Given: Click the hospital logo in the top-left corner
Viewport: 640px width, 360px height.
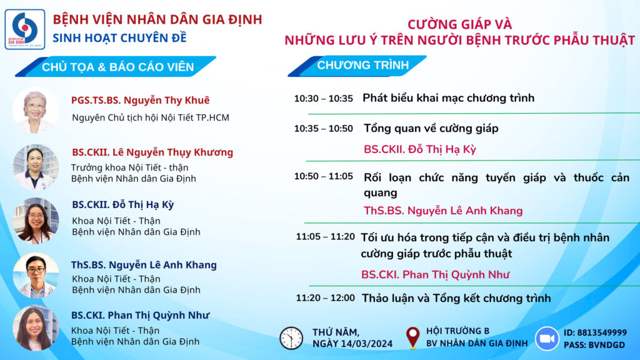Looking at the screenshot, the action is (x=25, y=29).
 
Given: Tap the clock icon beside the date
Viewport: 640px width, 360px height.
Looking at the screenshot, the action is (x=291, y=338).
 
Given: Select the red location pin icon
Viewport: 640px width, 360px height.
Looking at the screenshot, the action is (x=412, y=337).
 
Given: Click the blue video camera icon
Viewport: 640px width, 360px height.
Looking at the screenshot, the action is (x=547, y=338).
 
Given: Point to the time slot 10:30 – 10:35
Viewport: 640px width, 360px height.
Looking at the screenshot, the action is (x=323, y=99).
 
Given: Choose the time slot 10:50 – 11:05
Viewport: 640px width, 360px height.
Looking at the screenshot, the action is (x=323, y=176).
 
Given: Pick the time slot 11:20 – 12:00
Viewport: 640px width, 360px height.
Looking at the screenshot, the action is (x=325, y=298).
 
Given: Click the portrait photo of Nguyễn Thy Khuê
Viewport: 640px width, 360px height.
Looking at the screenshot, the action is (x=36, y=110).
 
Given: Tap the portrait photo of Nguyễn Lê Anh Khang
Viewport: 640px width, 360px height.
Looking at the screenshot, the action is (x=36, y=275).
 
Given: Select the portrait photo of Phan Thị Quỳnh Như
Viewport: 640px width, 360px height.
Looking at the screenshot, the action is (x=36, y=327).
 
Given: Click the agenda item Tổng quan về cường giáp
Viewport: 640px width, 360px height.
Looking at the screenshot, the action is (x=431, y=129).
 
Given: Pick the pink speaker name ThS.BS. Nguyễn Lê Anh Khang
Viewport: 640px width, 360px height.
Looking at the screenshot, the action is (x=443, y=211).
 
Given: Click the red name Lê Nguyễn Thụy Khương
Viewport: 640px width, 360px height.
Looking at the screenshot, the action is (x=172, y=152).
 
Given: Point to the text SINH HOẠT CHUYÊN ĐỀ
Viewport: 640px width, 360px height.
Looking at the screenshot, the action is (x=119, y=38).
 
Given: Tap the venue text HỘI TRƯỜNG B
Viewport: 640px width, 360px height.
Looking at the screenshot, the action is (x=457, y=331).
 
